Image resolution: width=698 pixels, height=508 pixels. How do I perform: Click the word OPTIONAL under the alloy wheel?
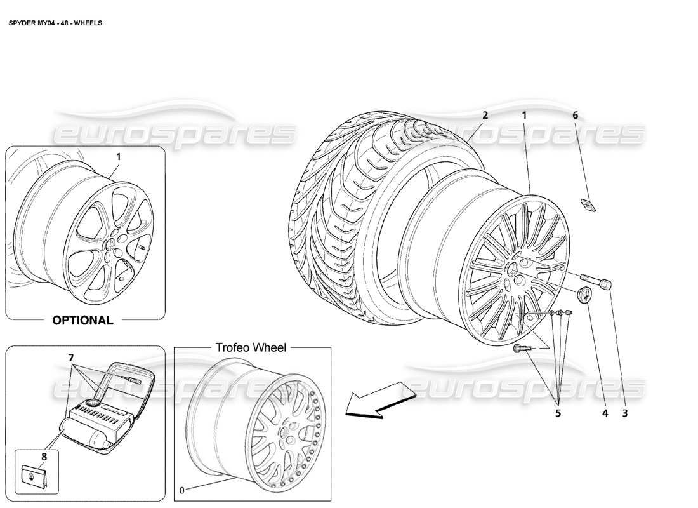pos(82,320)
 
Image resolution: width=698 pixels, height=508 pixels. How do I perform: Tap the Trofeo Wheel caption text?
pos(251,347)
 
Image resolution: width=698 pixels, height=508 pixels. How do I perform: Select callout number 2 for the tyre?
pos(485,116)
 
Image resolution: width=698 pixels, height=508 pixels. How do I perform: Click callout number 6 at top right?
pos(575,116)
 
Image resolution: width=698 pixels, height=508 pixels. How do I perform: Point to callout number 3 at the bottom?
pos(625,413)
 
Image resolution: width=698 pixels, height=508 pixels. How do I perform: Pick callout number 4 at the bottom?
pos(605,413)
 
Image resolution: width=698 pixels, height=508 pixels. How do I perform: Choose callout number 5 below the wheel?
pos(558,413)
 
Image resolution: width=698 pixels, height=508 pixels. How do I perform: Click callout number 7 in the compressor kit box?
pos(71,358)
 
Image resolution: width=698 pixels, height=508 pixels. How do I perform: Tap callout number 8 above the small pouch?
pos(44,457)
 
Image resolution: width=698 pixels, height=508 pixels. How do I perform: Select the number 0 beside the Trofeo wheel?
pos(182,490)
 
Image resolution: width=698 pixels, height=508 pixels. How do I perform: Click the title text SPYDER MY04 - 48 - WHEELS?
pos(55,23)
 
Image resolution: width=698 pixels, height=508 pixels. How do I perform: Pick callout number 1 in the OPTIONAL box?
pos(119,157)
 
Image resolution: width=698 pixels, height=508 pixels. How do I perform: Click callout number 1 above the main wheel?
pos(524,116)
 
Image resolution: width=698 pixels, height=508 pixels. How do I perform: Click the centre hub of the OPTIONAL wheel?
pos(108,244)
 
